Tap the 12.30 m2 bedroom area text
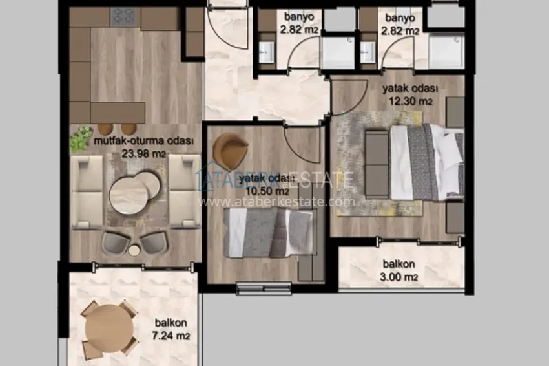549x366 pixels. point(410,102)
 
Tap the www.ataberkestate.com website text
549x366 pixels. point(277,202)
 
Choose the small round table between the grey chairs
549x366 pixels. point(134,250)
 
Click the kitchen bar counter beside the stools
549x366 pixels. point(118,111)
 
